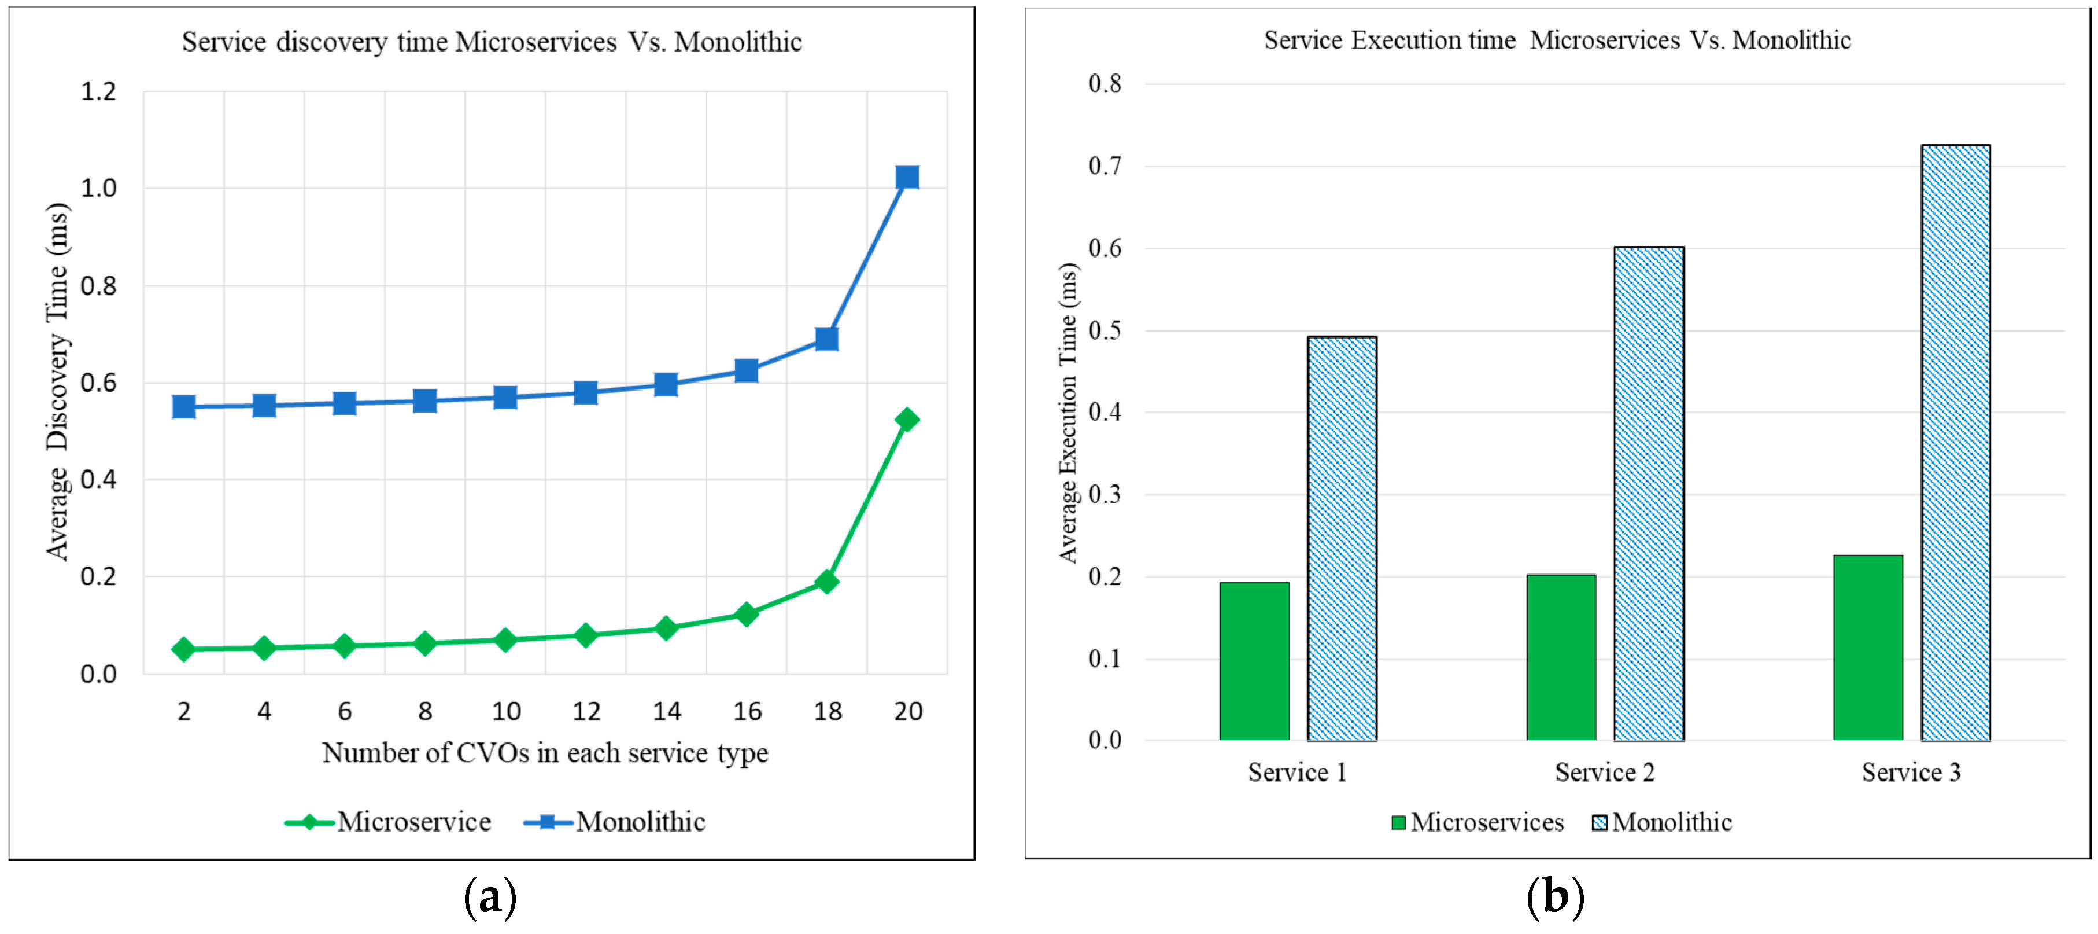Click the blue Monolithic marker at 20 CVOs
[x=907, y=177]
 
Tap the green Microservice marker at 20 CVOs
[x=907, y=420]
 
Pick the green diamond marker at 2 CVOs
[x=183, y=649]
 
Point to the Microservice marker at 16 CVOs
[x=746, y=614]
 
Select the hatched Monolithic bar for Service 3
[x=1956, y=443]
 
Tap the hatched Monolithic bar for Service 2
[x=1649, y=494]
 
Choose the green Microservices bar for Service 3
[x=1867, y=648]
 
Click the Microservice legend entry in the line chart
[x=389, y=822]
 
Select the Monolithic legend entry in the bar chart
[x=1661, y=822]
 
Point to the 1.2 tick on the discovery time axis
[x=98, y=91]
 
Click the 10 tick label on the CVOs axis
[x=506, y=712]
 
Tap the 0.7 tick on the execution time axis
[x=1105, y=166]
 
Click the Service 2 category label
[x=1605, y=772]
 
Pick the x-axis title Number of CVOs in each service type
[x=545, y=752]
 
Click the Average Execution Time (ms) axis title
[x=1068, y=413]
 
